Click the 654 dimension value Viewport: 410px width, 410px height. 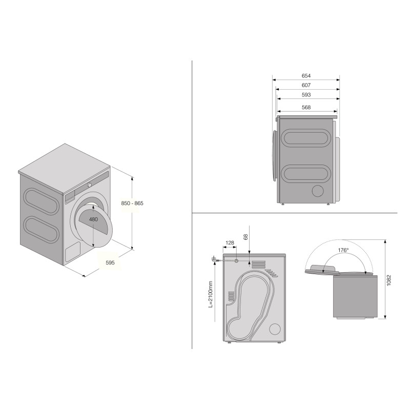306,76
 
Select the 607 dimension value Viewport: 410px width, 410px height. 306,85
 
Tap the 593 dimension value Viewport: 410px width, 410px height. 306,95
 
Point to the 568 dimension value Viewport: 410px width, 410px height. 306,108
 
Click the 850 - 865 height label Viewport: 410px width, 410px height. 132,203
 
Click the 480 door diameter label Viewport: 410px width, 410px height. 93,219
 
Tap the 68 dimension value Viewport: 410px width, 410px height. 246,237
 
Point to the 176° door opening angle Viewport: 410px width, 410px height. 343,251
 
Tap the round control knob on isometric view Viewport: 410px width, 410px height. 89,184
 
